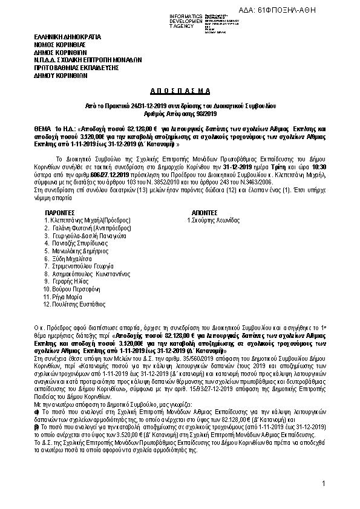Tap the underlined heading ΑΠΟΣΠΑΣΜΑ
click(179, 90)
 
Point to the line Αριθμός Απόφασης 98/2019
click(179, 113)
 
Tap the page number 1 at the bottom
click(324, 483)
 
